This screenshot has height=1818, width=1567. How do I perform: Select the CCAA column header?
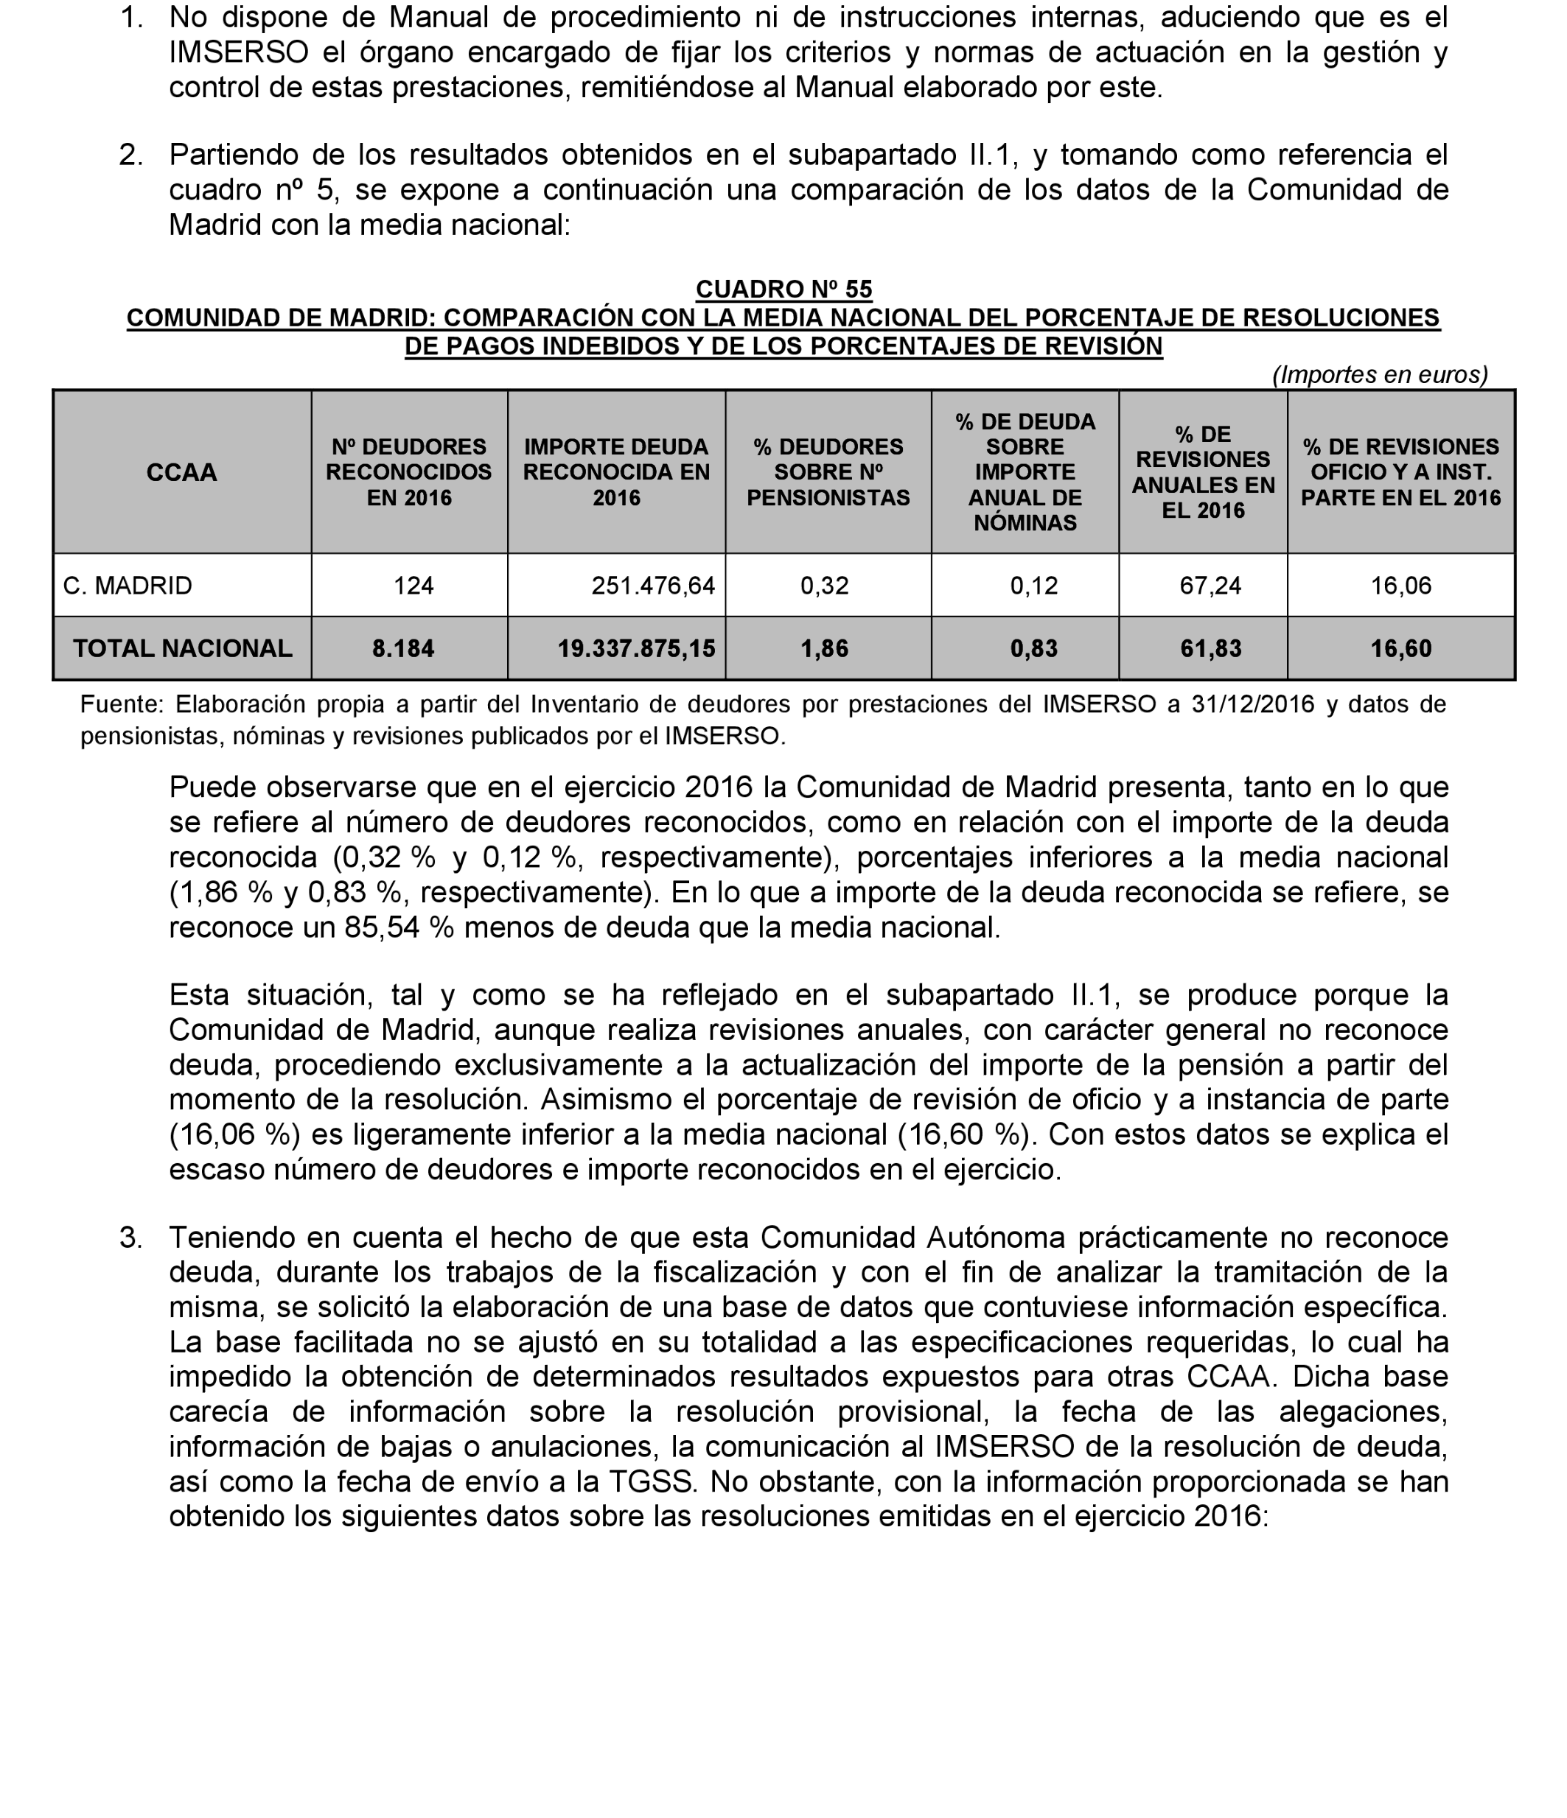click(x=182, y=472)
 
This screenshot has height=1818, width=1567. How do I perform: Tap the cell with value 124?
click(x=413, y=585)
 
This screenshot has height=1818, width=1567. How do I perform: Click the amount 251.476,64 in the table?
click(x=653, y=585)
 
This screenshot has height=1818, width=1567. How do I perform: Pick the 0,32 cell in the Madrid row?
click(x=824, y=585)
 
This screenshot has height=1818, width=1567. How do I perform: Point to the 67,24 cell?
click(x=1210, y=585)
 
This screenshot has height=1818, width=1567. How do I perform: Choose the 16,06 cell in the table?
click(x=1401, y=585)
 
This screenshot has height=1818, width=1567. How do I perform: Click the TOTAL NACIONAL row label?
click(x=183, y=648)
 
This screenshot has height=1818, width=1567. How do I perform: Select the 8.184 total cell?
click(x=403, y=648)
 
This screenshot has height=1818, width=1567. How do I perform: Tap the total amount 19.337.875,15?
click(x=637, y=648)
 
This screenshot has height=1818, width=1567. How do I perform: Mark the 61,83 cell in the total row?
click(x=1210, y=648)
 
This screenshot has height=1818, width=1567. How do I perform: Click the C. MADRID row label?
click(x=128, y=585)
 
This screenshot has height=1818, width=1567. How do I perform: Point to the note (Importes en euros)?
click(x=1380, y=375)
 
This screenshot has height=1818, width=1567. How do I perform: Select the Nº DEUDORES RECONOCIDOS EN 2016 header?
click(x=409, y=472)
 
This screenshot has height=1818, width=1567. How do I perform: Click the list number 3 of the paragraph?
click(x=130, y=1237)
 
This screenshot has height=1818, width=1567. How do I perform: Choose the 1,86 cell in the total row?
click(x=824, y=648)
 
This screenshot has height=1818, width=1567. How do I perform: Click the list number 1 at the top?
click(x=130, y=17)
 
